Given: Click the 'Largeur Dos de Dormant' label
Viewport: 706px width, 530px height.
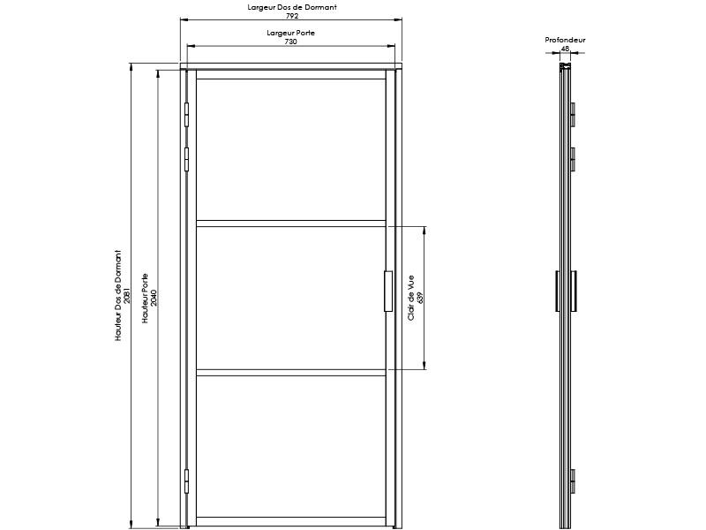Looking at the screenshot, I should coord(291,7).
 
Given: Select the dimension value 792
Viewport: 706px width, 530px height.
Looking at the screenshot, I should coord(291,16).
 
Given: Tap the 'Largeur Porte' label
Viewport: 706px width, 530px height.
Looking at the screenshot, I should coord(291,33).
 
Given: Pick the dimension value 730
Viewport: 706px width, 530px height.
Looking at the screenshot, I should coord(291,42).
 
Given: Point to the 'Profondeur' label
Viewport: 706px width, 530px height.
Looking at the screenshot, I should coord(565,40).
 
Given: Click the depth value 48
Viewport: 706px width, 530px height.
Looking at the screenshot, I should coord(565,49).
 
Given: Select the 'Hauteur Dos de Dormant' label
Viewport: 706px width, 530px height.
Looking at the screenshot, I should coord(118,296).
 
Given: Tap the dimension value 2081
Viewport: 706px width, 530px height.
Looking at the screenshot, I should coord(127,296).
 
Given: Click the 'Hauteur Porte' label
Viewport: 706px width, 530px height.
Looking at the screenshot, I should coord(146,296).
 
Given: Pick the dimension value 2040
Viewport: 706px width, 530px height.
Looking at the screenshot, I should coord(154,296).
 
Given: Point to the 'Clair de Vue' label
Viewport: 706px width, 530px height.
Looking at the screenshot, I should coord(412,298).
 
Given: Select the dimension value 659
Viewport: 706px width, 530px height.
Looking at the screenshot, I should coord(421,298).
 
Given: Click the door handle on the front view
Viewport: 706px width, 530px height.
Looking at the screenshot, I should coord(388,291).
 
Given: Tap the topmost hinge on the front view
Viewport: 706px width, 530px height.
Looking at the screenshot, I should coord(187,114).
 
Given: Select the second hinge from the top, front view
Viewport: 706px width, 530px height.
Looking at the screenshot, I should coord(187,158).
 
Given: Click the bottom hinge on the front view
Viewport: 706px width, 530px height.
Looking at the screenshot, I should coord(187,481).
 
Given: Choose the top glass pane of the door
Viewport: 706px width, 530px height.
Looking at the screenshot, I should coord(290,149).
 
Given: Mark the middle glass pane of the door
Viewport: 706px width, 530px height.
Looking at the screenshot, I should coord(290,298).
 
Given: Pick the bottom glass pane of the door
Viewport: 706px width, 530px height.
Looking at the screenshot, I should coord(290,446).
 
